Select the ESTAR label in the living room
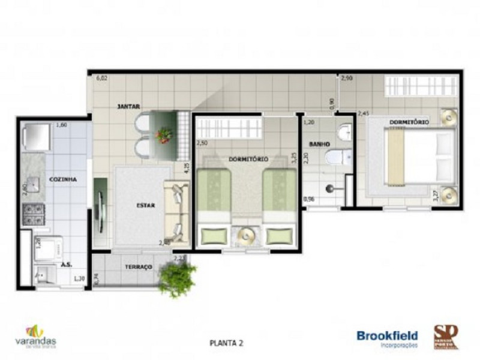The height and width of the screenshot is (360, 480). point(145,205)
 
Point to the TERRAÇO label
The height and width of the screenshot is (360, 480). point(138,266)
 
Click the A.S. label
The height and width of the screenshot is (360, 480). point(65,264)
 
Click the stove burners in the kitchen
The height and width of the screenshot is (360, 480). point(34,213)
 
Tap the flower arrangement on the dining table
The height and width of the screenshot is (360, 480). point(163,135)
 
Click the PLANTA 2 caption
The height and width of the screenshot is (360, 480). point(226,343)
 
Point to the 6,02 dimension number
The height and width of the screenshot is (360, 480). point(102,78)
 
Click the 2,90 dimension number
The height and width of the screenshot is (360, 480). point(347,79)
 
